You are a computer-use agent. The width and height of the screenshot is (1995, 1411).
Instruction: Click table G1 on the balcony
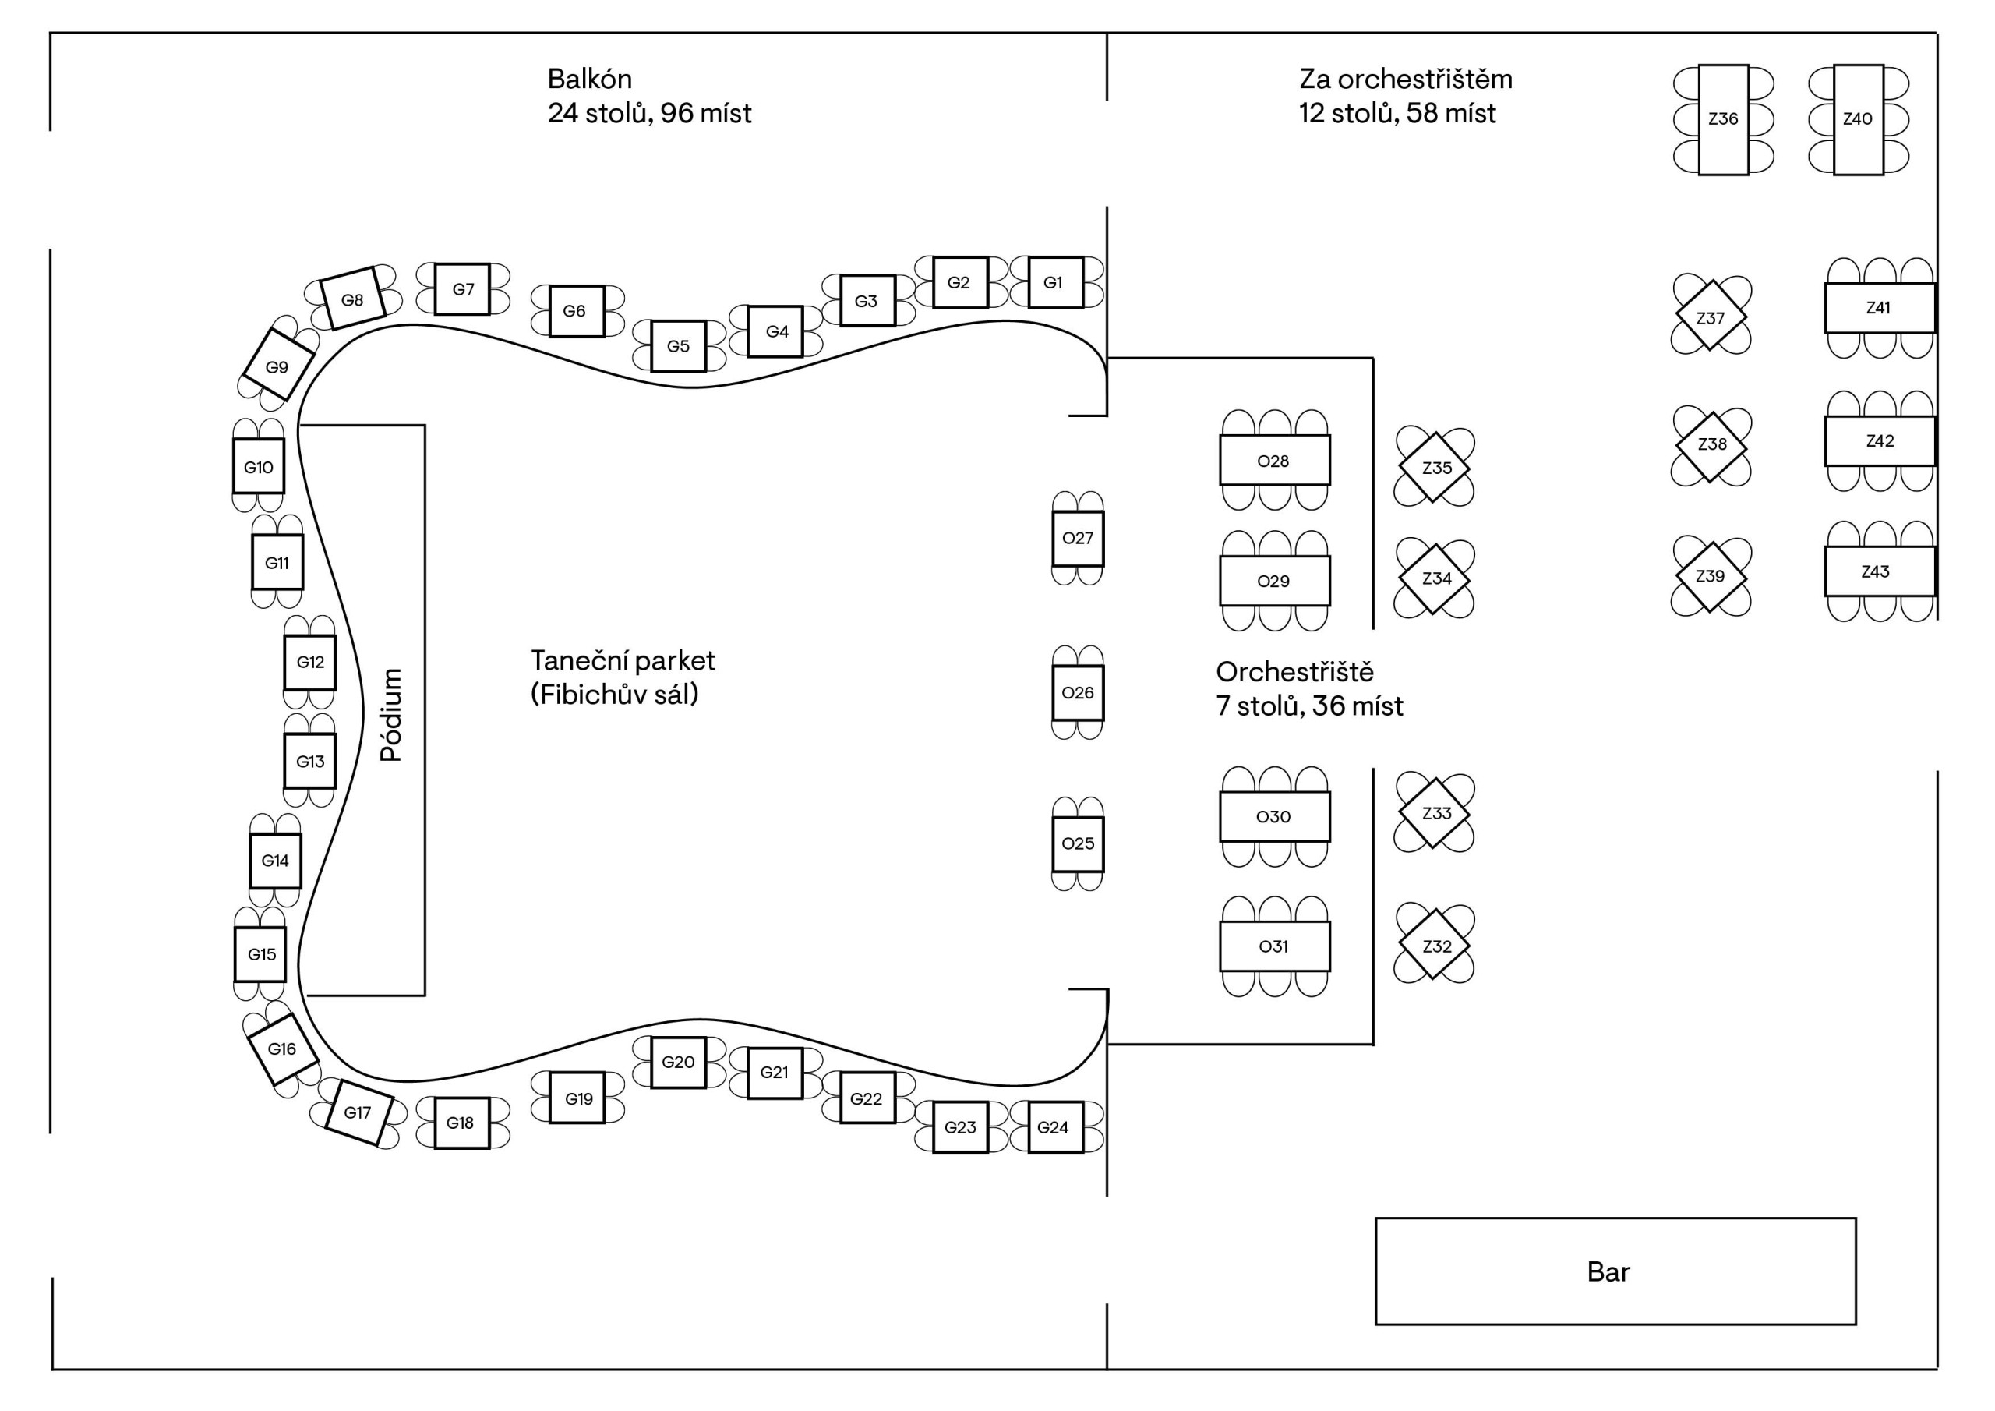(1055, 282)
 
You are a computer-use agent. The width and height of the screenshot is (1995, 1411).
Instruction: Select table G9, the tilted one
(278, 366)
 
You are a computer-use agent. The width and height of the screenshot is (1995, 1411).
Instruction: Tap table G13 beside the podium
(310, 761)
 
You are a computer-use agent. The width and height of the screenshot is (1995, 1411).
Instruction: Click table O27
(1079, 538)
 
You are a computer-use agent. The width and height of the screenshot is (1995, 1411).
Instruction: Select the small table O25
(1079, 843)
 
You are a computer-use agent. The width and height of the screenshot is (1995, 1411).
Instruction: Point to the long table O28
(1275, 460)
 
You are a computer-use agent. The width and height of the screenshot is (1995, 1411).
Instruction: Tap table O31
(1275, 946)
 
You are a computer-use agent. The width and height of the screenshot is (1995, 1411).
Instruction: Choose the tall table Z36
(1724, 120)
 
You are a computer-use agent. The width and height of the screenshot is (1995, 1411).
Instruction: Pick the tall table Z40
(1859, 120)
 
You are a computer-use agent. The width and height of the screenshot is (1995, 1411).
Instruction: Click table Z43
(1880, 571)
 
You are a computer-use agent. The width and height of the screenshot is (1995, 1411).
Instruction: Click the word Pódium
(391, 715)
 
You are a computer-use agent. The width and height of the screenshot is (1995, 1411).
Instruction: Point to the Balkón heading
(590, 79)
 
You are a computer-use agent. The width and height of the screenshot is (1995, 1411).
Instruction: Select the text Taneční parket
(623, 661)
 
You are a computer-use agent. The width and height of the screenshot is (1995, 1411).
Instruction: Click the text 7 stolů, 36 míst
(1309, 706)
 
